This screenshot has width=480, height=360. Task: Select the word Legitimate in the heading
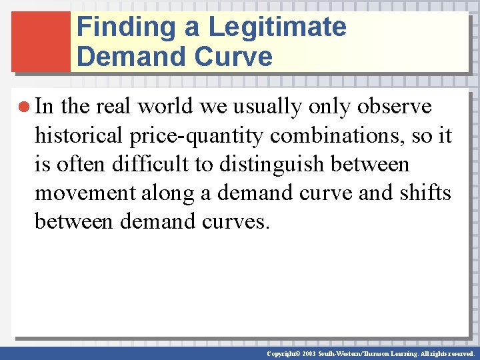click(x=277, y=27)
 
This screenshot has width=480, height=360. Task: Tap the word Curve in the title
click(x=233, y=57)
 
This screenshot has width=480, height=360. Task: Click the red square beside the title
click(x=41, y=41)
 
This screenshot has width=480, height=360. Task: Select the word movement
click(x=79, y=193)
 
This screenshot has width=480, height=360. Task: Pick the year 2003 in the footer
click(x=309, y=353)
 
